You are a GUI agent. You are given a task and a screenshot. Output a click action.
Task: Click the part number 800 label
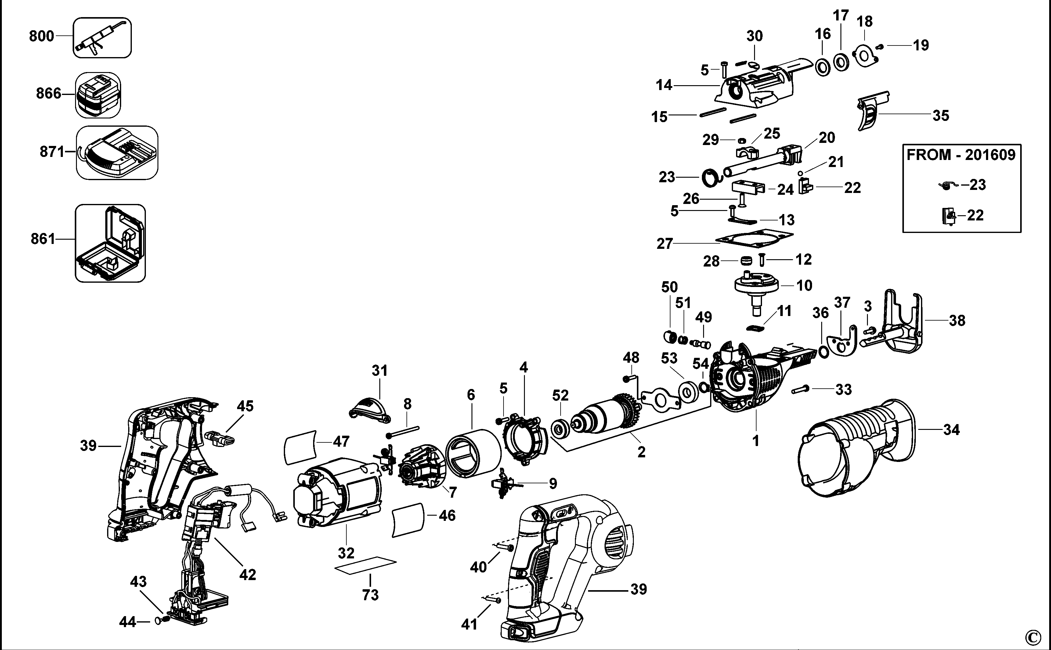tap(41, 36)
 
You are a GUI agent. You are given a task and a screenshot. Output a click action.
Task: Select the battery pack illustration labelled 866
tap(98, 95)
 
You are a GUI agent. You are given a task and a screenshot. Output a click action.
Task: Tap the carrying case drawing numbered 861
tap(110, 243)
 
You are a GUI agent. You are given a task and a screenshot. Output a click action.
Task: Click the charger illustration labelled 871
tap(117, 153)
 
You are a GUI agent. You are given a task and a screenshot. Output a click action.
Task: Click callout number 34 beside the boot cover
tap(951, 430)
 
